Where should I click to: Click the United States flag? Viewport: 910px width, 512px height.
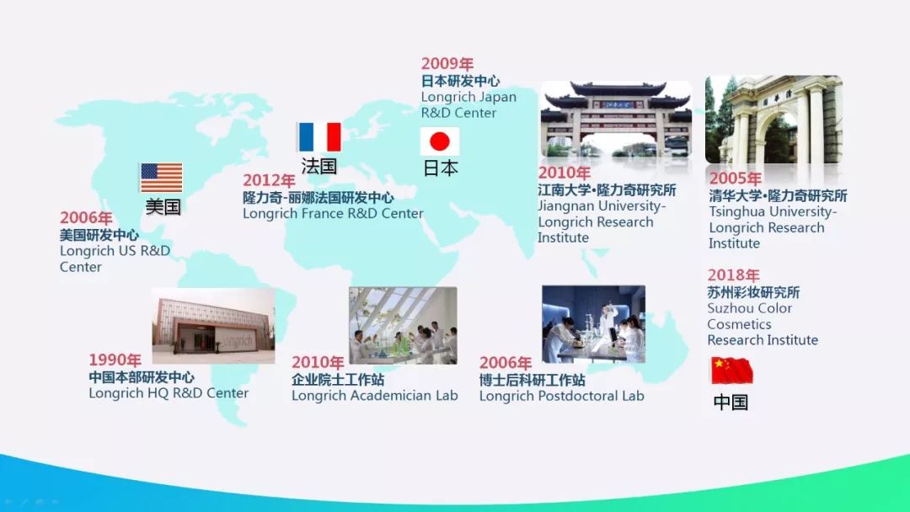161,178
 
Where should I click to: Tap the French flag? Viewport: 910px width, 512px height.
319,137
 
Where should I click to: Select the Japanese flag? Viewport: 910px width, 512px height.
439,141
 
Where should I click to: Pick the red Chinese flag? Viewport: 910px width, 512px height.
732,371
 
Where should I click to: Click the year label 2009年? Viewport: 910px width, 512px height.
447,63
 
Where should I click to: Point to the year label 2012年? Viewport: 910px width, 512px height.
269,180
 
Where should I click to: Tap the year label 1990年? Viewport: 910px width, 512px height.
115,360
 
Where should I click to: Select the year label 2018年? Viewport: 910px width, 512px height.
734,275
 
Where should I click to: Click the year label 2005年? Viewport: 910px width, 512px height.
736,178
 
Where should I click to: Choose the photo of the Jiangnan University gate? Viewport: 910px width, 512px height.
616,120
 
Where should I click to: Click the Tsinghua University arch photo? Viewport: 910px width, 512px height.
773,120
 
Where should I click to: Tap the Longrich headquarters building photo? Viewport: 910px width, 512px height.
213,326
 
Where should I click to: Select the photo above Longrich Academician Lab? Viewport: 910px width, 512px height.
403,325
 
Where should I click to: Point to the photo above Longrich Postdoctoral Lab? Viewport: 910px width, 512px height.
593,324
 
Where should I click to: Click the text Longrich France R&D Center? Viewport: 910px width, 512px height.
333,213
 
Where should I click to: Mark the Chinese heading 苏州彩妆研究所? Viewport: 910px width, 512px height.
753,292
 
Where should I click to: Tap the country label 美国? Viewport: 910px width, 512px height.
163,206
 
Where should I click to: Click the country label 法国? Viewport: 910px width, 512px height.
319,166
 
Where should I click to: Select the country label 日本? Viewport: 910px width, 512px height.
441,168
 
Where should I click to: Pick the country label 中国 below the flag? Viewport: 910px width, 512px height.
731,402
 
